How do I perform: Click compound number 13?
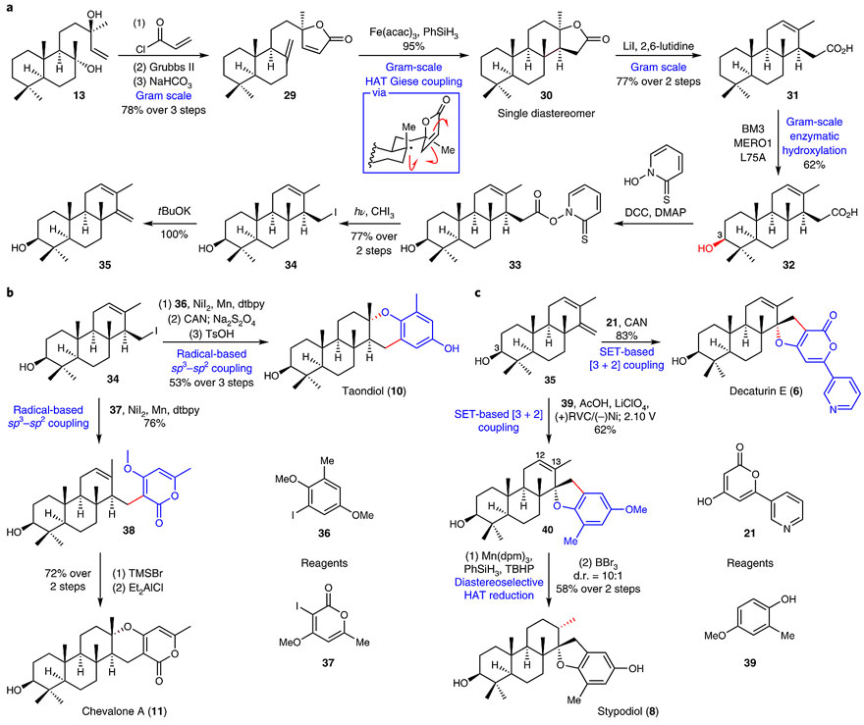79,95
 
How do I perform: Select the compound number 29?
290,95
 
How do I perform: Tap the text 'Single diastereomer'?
546,114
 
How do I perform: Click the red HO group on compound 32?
705,248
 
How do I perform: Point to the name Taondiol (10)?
374,390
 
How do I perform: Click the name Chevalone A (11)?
124,711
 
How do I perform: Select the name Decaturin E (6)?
766,390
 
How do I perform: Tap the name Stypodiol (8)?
627,711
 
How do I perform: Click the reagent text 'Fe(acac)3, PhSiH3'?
413,33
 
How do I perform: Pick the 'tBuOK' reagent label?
175,211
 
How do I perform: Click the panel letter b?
10,292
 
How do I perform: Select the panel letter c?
477,293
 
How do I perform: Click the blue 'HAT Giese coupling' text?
413,81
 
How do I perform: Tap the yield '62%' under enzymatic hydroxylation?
814,164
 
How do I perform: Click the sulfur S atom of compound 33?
584,239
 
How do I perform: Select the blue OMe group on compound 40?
636,510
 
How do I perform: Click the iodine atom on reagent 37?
298,606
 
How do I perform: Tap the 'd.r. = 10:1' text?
598,576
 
